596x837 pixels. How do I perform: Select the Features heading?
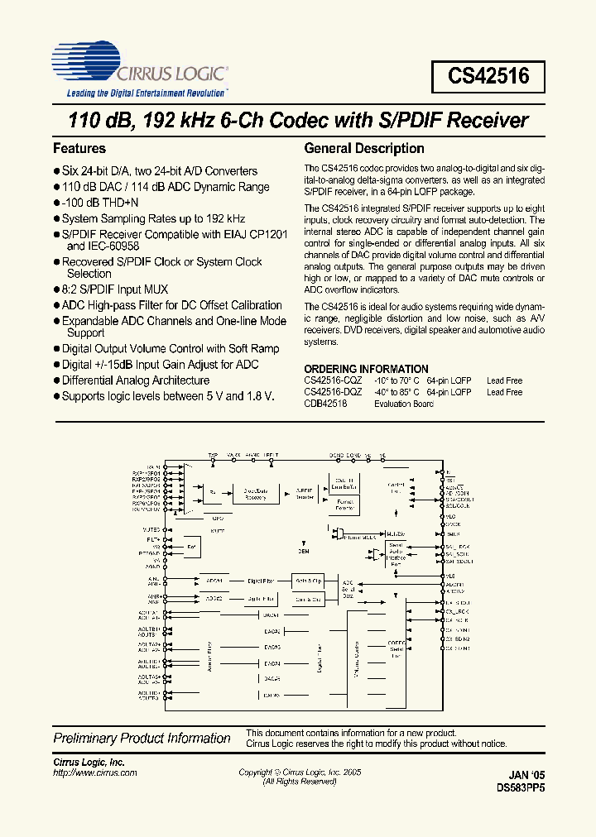coord(79,149)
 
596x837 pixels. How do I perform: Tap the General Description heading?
coord(364,149)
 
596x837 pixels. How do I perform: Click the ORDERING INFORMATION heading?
coord(366,369)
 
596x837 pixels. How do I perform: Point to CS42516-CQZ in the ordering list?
coord(330,380)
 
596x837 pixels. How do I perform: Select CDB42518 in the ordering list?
coord(325,404)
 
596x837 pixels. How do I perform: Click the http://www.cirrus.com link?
coord(95,772)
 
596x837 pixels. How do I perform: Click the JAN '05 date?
coord(527,776)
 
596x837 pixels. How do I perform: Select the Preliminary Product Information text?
coord(142,738)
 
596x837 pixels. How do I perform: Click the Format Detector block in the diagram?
coord(345,505)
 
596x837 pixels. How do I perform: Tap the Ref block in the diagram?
coord(192,548)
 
